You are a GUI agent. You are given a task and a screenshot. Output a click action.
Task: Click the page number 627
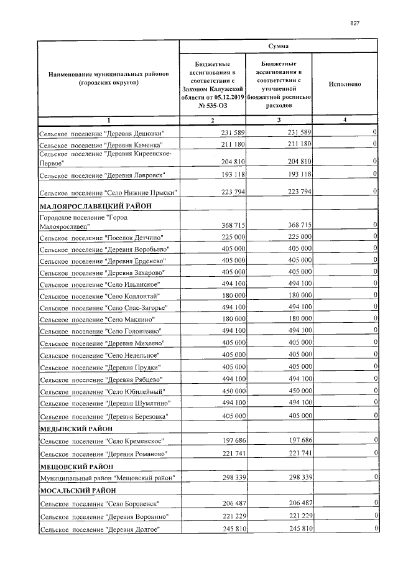click(356, 23)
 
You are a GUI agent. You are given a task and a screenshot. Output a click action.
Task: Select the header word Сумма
click(278, 46)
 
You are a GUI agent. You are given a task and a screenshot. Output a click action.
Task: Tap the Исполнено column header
click(345, 83)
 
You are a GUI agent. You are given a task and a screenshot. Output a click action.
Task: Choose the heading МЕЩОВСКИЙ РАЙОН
click(76, 465)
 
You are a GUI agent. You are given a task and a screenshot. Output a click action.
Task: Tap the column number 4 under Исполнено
click(345, 120)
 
